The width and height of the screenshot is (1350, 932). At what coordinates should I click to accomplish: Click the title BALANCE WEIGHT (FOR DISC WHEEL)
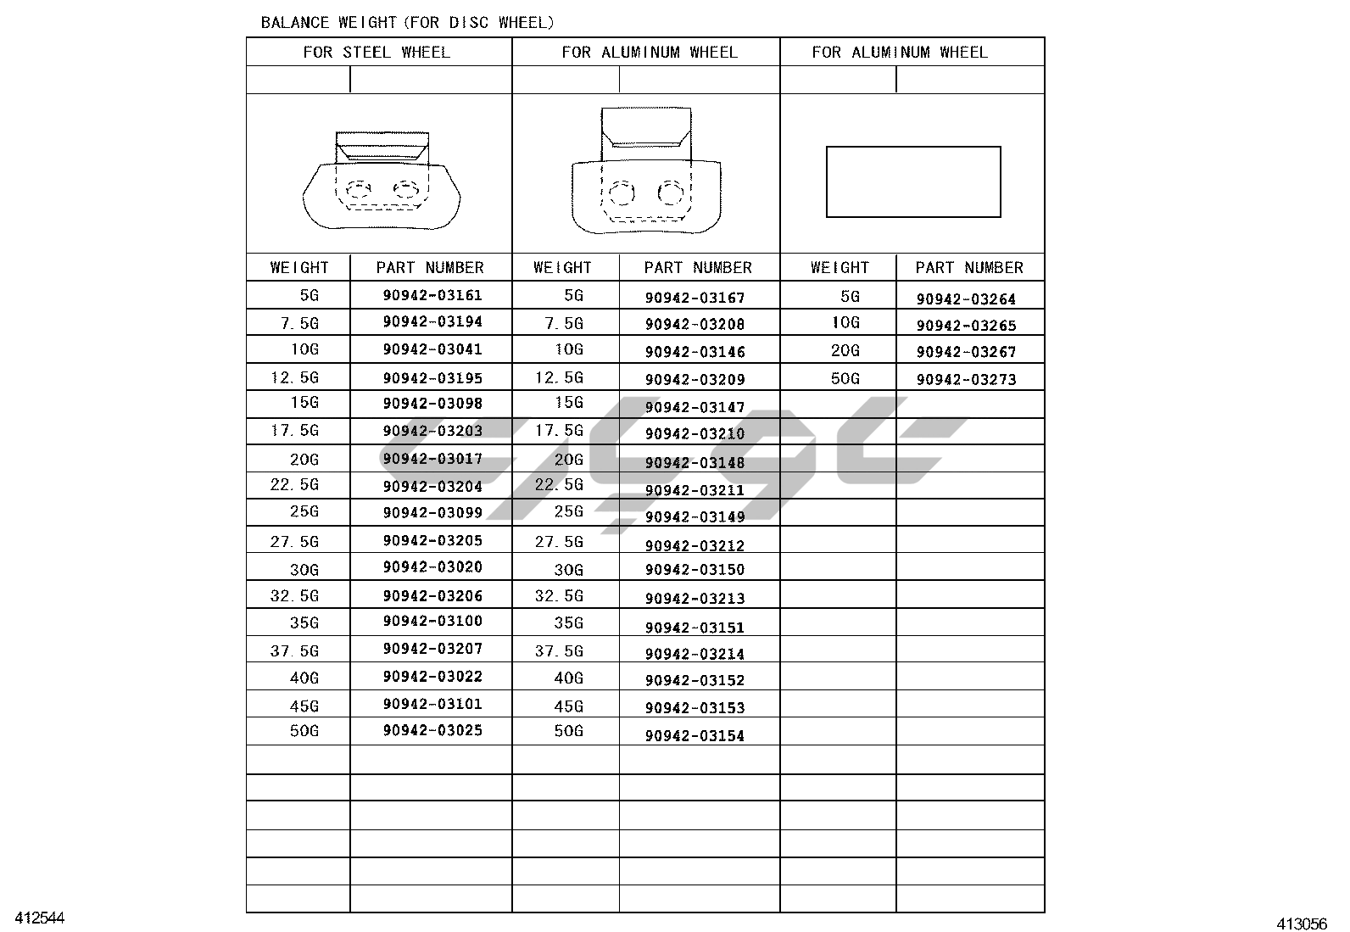point(407,22)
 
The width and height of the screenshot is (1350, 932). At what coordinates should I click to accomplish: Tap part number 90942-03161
point(432,295)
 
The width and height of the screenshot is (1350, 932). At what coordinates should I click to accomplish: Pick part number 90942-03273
point(966,379)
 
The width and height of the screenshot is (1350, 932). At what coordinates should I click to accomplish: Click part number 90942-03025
point(432,730)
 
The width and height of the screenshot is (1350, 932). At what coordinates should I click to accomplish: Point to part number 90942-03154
point(695,735)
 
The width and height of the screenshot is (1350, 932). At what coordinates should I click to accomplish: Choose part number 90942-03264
point(966,299)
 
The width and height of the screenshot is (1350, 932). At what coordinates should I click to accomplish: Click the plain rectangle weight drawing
point(913,181)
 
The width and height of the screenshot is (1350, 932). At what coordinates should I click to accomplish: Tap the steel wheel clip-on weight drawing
point(381,180)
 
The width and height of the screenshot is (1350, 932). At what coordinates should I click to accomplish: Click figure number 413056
point(1303,924)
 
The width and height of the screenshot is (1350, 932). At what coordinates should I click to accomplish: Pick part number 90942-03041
point(432,349)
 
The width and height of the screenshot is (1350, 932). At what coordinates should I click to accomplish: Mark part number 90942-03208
point(695,323)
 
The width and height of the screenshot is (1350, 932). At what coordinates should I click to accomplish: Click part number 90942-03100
point(432,621)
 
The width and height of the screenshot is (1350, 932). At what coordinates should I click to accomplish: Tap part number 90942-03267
point(966,351)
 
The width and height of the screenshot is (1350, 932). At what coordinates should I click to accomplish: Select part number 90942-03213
point(695,598)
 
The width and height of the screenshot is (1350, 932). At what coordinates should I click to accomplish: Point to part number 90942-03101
point(432,703)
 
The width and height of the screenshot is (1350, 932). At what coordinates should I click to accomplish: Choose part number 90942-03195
point(432,377)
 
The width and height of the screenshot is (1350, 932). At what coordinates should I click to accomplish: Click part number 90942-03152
point(695,680)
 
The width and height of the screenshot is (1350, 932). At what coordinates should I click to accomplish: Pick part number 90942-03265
point(966,325)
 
